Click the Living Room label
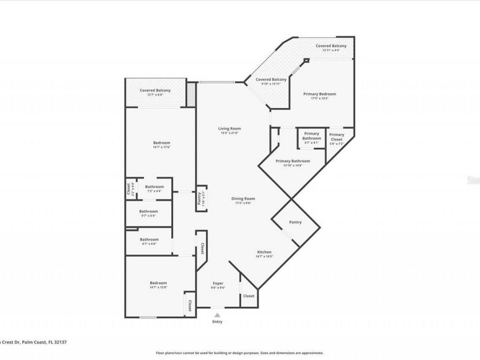click(230, 129)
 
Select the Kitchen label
click(265, 252)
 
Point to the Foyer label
click(218, 283)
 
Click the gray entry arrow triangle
click(217, 315)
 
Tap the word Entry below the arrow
click(217, 322)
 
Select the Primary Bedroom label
click(319, 94)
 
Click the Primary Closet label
click(337, 137)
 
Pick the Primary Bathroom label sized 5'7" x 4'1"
click(311, 136)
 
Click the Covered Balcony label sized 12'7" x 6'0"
click(155, 91)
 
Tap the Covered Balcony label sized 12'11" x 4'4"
click(331, 46)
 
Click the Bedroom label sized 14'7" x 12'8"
click(158, 283)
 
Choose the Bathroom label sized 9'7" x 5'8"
click(149, 239)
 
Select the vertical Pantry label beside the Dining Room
click(199, 197)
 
